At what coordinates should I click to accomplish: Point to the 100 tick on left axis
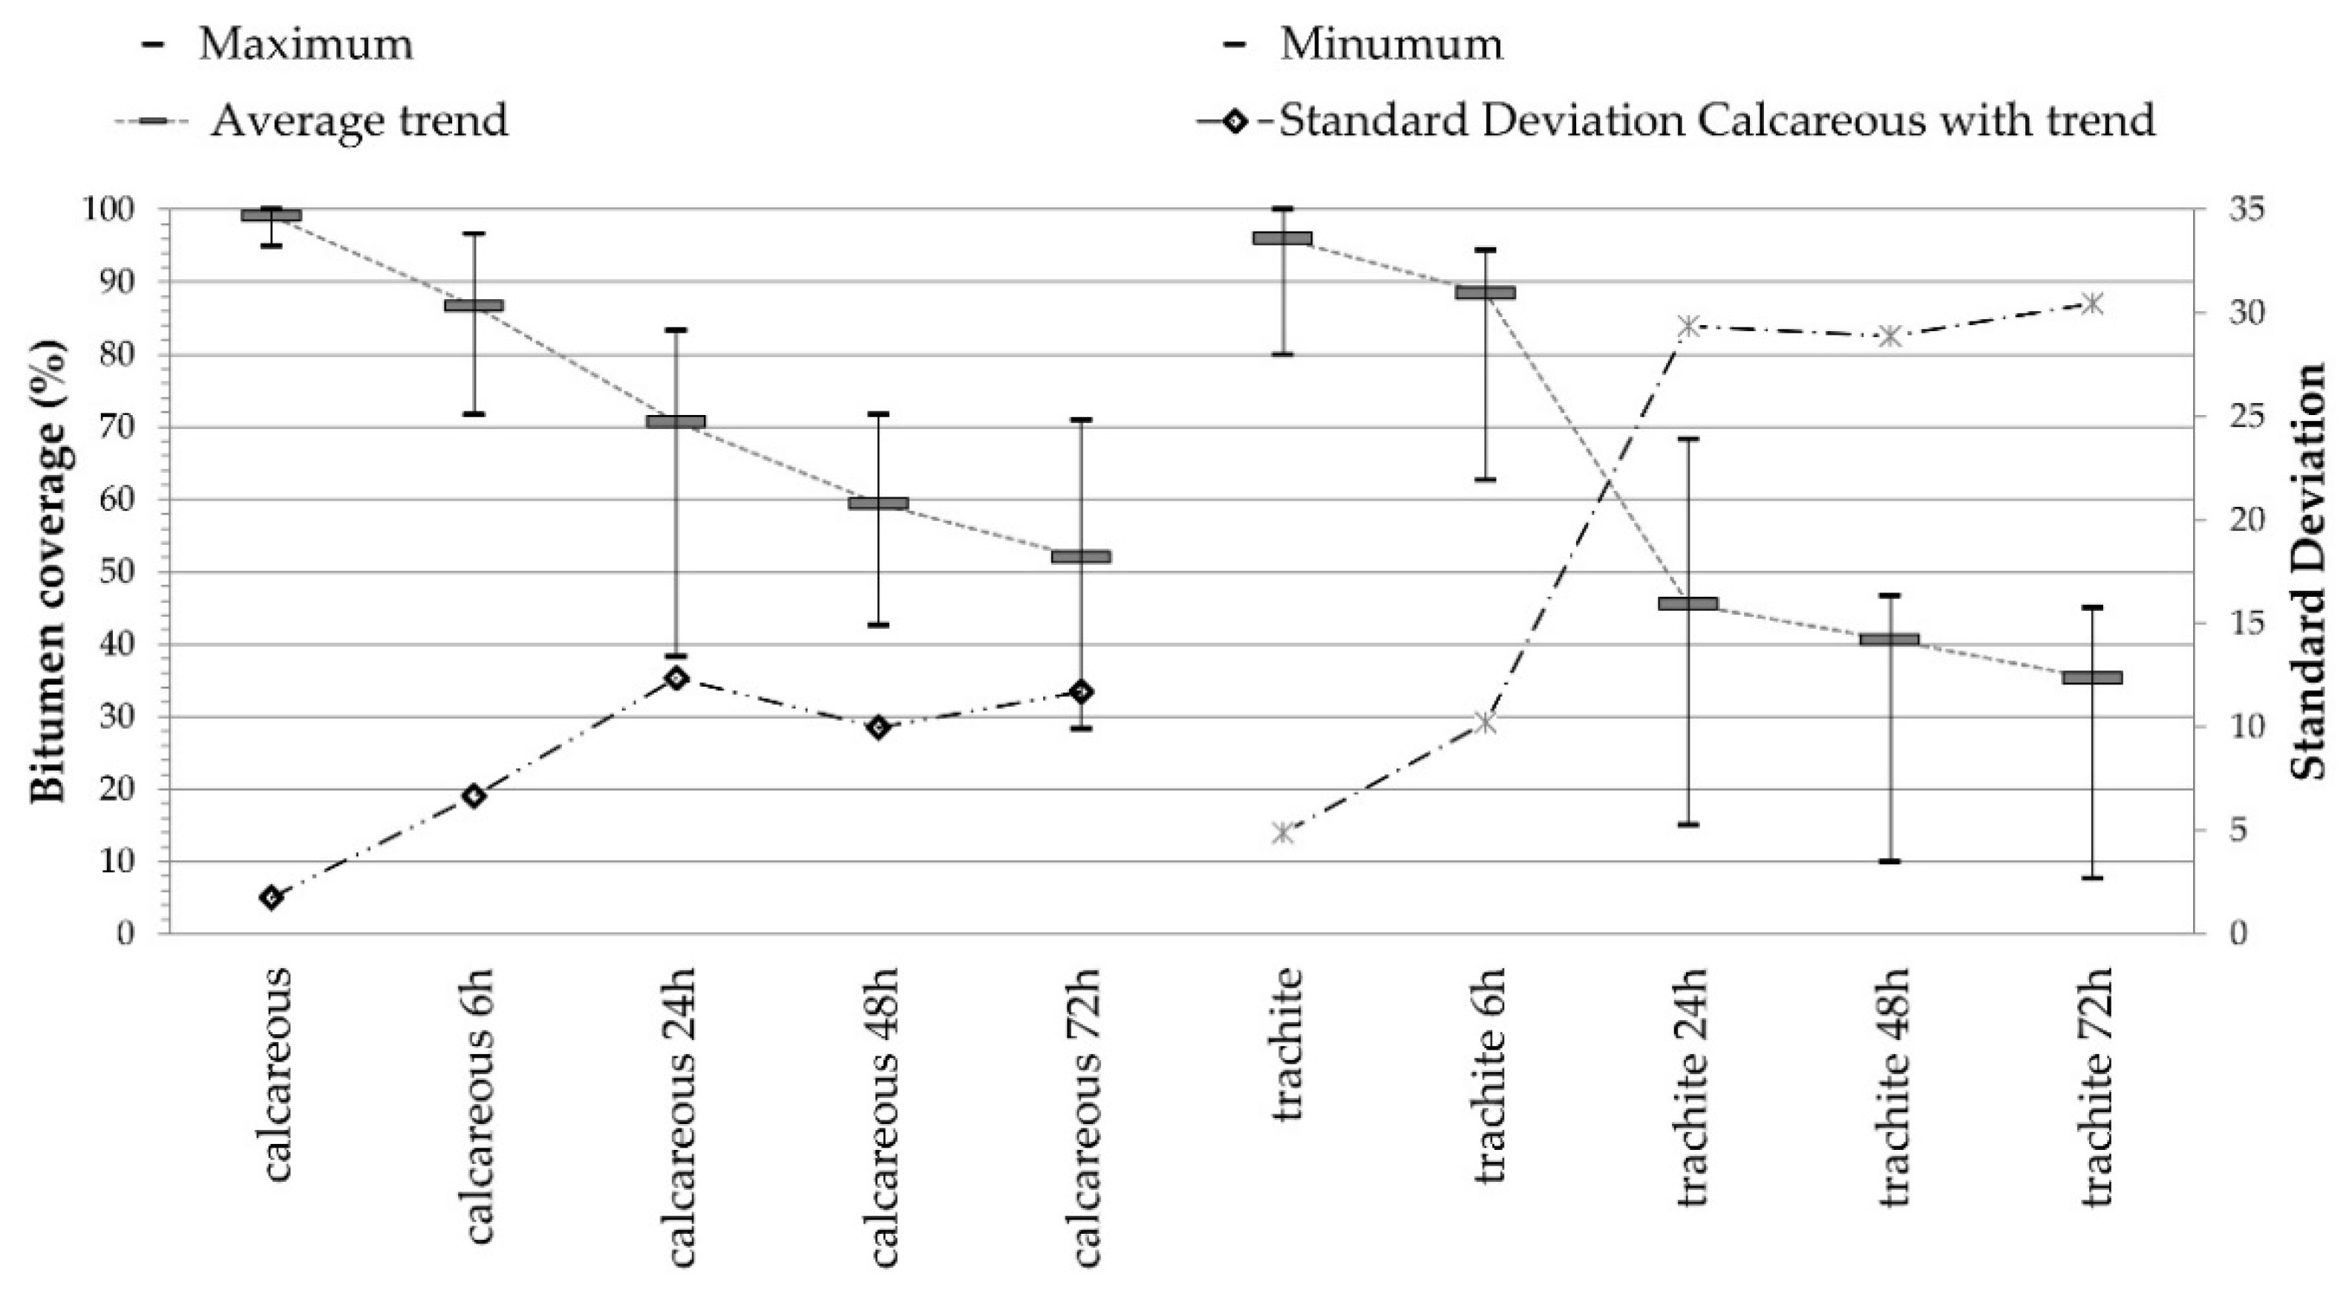click(108, 209)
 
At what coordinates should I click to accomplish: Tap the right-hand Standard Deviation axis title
click(2309, 571)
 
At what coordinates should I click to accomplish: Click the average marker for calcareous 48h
click(878, 503)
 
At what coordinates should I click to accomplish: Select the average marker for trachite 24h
click(1687, 604)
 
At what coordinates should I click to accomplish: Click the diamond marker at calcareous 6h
click(473, 796)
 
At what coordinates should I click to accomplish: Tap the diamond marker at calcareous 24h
click(676, 677)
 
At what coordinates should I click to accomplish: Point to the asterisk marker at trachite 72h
click(2093, 303)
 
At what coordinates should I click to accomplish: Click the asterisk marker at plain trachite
click(1282, 832)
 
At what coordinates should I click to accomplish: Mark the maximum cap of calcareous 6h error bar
click(474, 234)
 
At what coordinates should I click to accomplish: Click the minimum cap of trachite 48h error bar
click(1889, 860)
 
